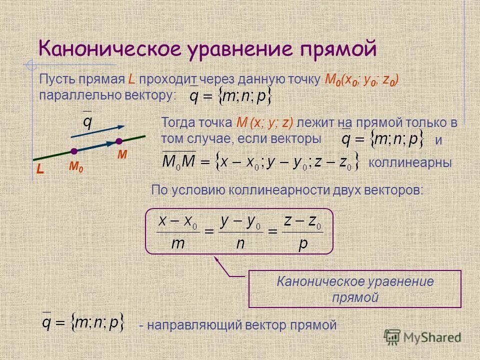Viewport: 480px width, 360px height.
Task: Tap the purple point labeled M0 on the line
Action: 74,151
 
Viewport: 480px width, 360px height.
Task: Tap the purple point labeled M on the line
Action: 119,141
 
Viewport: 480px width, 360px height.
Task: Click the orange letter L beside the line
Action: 40,170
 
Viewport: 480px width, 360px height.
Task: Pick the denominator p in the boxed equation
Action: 302,243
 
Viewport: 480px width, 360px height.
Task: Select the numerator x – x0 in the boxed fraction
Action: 178,221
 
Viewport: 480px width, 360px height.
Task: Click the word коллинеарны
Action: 409,162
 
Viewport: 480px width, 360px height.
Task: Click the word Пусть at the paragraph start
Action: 55,79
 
